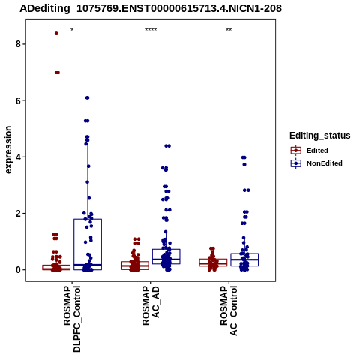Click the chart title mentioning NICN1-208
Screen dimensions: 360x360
click(x=151, y=9)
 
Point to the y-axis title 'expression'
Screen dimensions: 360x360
click(x=8, y=150)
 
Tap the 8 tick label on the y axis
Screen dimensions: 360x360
click(x=18, y=44)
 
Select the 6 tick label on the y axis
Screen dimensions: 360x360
click(x=18, y=100)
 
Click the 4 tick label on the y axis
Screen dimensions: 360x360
click(x=18, y=157)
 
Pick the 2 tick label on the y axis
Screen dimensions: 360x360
click(x=18, y=214)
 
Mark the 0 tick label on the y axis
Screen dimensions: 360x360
click(x=18, y=270)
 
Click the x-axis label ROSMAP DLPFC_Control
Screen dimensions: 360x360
click(x=72, y=319)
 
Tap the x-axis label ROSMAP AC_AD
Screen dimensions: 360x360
click(x=151, y=305)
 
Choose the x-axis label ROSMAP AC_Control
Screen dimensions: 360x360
click(x=229, y=310)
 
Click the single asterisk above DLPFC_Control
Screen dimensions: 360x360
click(x=72, y=30)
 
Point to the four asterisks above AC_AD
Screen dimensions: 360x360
click(x=151, y=30)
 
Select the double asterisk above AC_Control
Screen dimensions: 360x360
click(x=229, y=30)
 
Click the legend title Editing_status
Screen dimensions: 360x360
click(x=320, y=136)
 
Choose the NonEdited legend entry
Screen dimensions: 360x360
click(x=316, y=163)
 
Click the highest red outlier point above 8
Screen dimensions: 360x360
click(x=56, y=34)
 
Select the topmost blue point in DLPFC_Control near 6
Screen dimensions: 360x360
click(x=87, y=97)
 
